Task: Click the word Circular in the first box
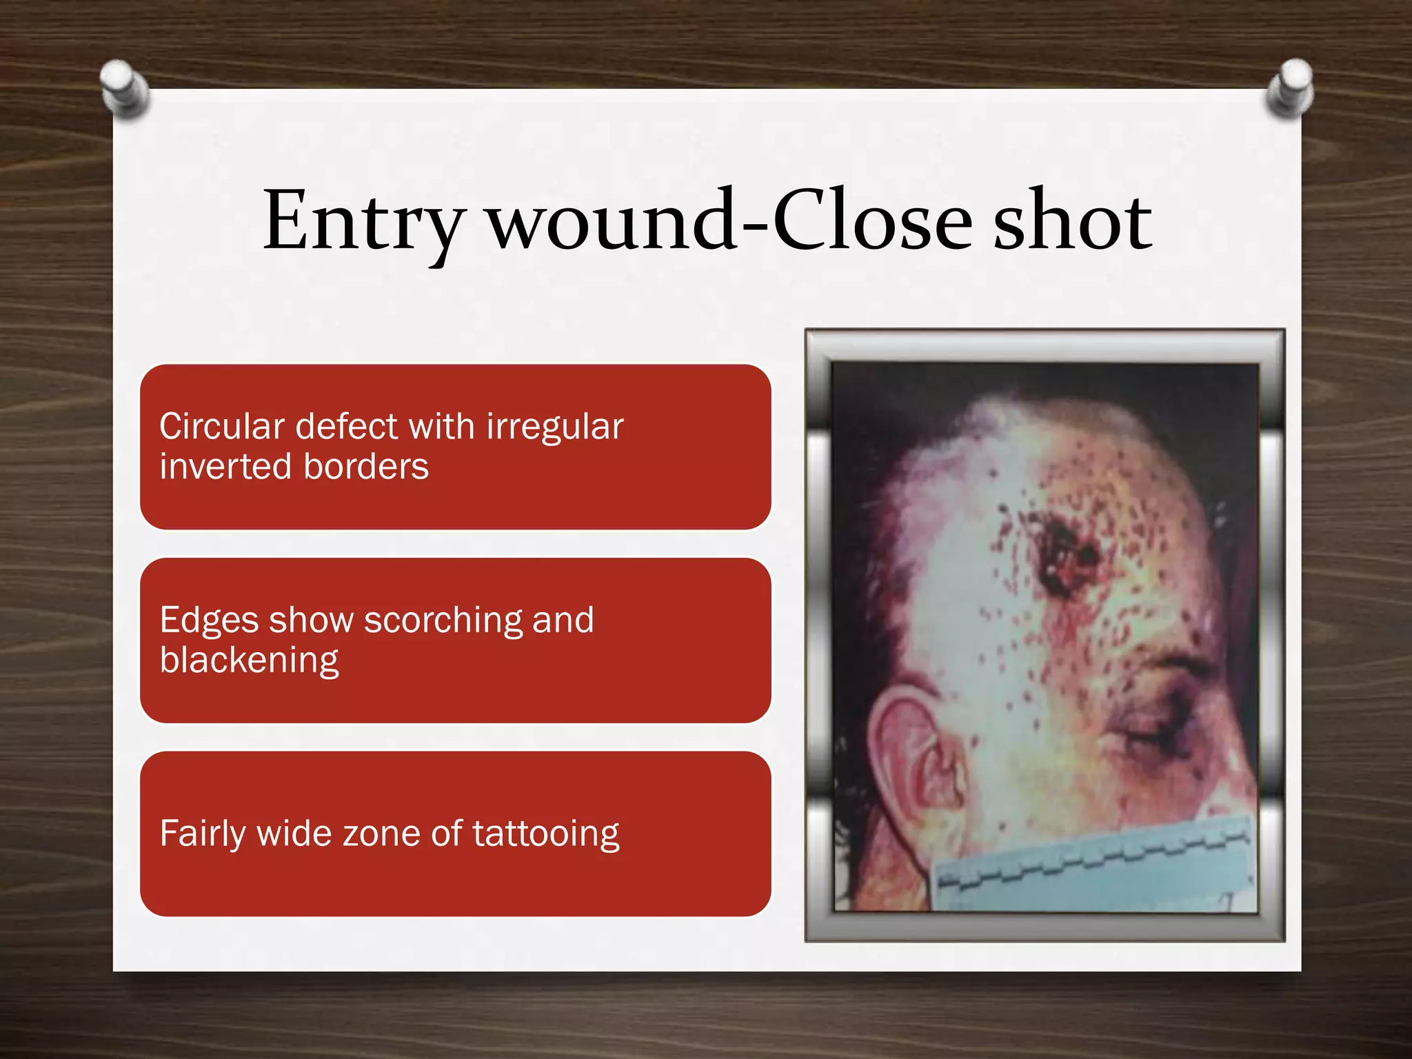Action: pyautogui.click(x=221, y=426)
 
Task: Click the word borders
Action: pyautogui.click(x=366, y=467)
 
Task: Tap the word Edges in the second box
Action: pyautogui.click(x=208, y=621)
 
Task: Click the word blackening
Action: pyautogui.click(x=249, y=660)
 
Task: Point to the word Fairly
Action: pyautogui.click(x=203, y=834)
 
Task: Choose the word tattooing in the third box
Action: pyautogui.click(x=546, y=834)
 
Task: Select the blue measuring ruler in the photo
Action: pyautogui.click(x=1096, y=869)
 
